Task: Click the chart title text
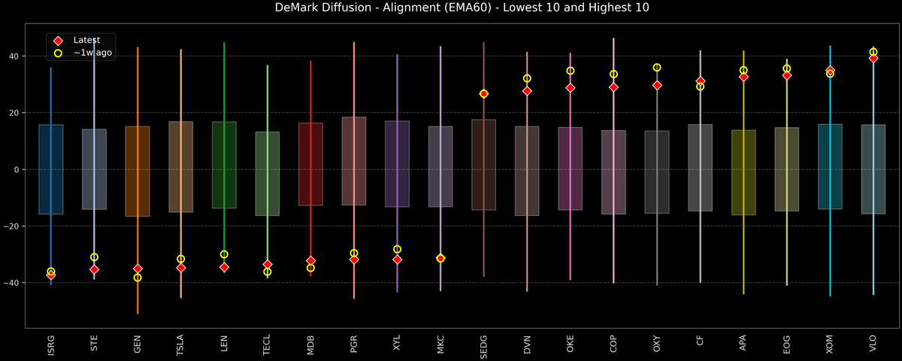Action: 451,8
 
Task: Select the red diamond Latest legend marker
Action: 58,40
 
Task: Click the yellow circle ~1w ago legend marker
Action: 58,53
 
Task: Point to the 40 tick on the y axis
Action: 18,56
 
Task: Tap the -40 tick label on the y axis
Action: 15,283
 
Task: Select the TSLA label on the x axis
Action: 180,344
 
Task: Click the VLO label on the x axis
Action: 873,343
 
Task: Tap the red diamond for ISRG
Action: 51,275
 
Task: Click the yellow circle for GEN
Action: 138,278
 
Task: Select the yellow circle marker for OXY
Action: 657,68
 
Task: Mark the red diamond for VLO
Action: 873,58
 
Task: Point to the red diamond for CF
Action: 701,81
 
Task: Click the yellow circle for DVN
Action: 527,78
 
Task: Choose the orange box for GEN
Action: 138,171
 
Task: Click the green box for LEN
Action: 224,165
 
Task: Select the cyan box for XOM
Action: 830,166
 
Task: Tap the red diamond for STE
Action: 94,269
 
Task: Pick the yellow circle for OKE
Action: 571,71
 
